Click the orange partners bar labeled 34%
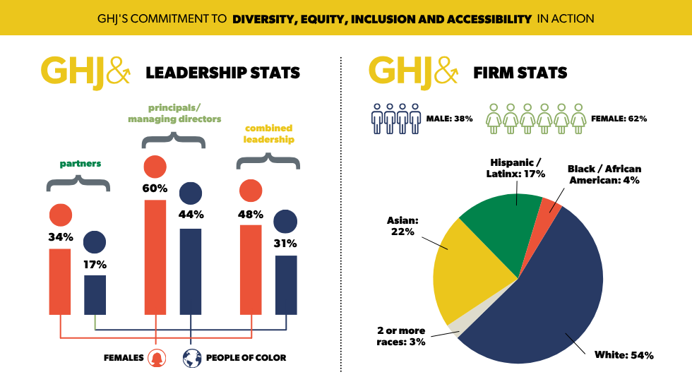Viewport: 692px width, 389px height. pos(60,281)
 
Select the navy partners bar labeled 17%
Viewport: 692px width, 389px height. pos(95,294)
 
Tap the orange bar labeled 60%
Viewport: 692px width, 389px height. pos(155,257)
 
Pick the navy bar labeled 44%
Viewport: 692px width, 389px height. pos(191,271)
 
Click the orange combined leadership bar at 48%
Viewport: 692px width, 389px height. pos(251,269)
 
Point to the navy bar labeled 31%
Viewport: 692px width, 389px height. pos(286,285)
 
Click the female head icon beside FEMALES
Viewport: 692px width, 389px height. pos(157,358)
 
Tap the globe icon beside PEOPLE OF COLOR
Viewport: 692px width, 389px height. pos(191,358)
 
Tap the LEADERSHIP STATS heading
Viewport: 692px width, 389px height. pos(222,73)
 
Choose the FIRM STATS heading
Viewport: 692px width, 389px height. pos(520,73)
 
